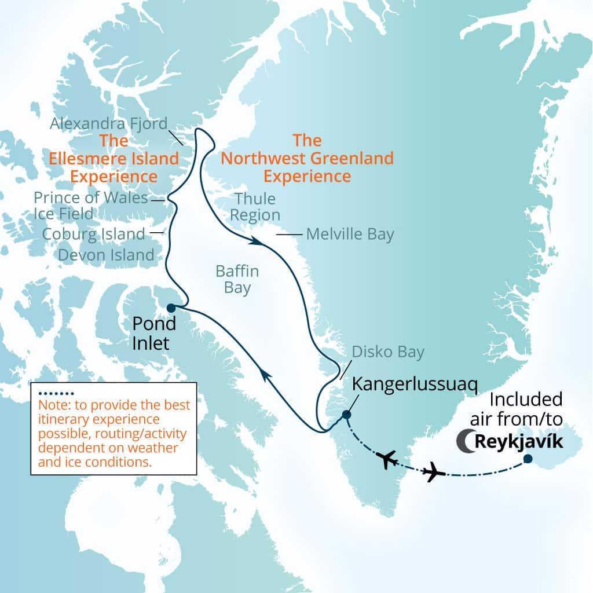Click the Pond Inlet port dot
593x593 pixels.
[x=171, y=308]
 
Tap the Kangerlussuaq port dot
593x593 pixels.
[x=346, y=414]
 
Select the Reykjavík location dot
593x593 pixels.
[x=528, y=459]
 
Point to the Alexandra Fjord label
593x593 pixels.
[x=108, y=123]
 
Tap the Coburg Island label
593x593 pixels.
[x=93, y=234]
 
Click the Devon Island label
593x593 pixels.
[x=106, y=255]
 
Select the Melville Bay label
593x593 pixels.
[x=350, y=234]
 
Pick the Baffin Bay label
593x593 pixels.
[x=237, y=280]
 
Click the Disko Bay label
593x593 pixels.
[x=387, y=352]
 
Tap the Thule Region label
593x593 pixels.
[x=255, y=207]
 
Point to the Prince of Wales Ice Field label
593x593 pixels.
[x=90, y=206]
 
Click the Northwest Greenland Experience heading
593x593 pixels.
[x=307, y=158]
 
